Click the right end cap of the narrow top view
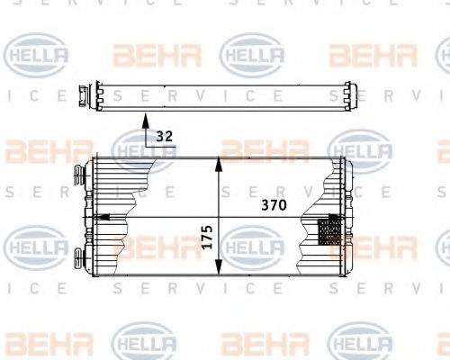tap(346, 96)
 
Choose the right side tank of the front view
tap(345, 216)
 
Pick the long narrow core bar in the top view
tap(216, 96)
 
